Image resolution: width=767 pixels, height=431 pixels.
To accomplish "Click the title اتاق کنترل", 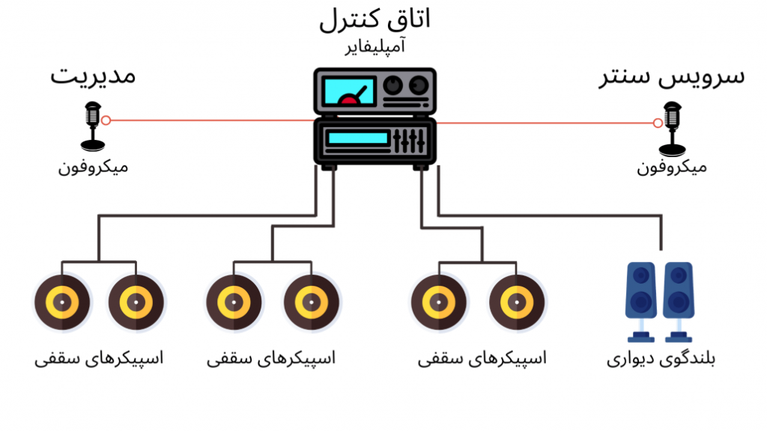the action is point(375,19).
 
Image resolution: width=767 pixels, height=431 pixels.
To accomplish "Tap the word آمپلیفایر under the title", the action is point(375,46).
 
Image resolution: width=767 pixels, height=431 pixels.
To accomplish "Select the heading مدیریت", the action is point(93,76).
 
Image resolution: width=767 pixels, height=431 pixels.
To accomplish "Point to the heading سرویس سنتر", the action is point(672,77).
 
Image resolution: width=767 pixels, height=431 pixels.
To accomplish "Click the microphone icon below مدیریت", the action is point(93,126).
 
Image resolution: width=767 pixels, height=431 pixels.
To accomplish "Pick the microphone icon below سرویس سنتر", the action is point(672,129).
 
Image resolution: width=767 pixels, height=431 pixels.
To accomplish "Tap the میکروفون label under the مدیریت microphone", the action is point(93,167).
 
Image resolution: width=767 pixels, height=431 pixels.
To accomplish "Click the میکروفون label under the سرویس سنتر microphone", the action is point(672,167).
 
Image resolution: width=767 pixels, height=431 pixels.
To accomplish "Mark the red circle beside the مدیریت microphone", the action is point(106,120).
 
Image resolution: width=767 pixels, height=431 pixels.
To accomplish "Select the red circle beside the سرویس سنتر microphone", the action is point(658,123).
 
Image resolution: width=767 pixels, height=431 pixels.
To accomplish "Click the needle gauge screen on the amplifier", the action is point(349,92).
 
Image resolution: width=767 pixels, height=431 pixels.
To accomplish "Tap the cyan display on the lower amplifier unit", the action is point(357,138).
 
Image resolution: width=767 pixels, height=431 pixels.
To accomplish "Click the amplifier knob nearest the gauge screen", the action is point(392,85).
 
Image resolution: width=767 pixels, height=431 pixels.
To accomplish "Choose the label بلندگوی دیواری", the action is point(661,359).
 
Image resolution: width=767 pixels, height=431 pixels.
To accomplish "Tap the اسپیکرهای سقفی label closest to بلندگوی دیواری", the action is point(482,358).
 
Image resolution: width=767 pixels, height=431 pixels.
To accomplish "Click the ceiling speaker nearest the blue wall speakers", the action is point(517,302).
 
